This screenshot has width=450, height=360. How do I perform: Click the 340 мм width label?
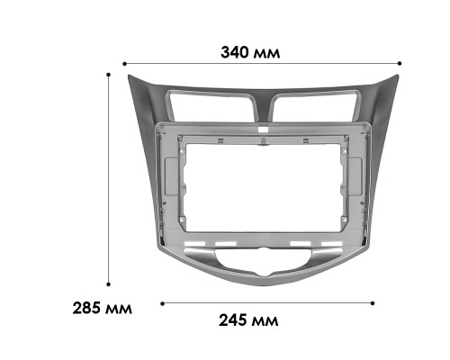coord(250,51)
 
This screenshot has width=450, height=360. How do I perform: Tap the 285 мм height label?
coord(102,308)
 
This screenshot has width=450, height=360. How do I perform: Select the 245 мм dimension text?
coord(248,319)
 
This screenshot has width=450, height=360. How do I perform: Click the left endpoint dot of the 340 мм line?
coord(123,63)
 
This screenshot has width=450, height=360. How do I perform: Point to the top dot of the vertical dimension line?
coord(108,74)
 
